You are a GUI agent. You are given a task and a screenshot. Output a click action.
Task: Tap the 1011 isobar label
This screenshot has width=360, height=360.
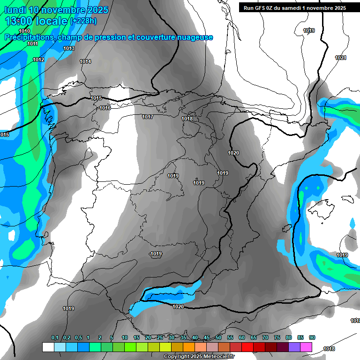click(x=32, y=44)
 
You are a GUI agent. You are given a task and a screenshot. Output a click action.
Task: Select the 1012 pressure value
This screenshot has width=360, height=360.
click(x=38, y=60)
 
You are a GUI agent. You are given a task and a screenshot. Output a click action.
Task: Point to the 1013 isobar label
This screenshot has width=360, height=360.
click(x=69, y=48)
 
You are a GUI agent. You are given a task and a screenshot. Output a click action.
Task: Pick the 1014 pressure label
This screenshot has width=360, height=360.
click(x=85, y=61)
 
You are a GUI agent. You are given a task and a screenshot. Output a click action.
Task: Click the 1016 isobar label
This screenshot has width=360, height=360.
click(x=105, y=108)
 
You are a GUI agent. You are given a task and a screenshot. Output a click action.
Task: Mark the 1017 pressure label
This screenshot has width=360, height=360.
click(x=148, y=117)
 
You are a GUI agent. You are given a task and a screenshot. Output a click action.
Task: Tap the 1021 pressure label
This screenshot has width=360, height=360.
click(x=341, y=58)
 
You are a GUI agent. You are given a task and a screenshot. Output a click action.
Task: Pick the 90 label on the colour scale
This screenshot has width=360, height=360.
click(x=312, y=337)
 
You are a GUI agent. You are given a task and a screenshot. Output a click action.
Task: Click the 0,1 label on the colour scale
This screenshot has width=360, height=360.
click(x=55, y=337)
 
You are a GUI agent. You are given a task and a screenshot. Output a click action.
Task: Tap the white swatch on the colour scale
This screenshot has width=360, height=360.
click(x=48, y=347)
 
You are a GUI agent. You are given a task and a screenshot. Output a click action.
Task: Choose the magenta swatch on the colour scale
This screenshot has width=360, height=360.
click(x=306, y=347)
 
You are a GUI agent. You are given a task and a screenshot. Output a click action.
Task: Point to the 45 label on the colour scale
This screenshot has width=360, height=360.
click(x=207, y=337)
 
